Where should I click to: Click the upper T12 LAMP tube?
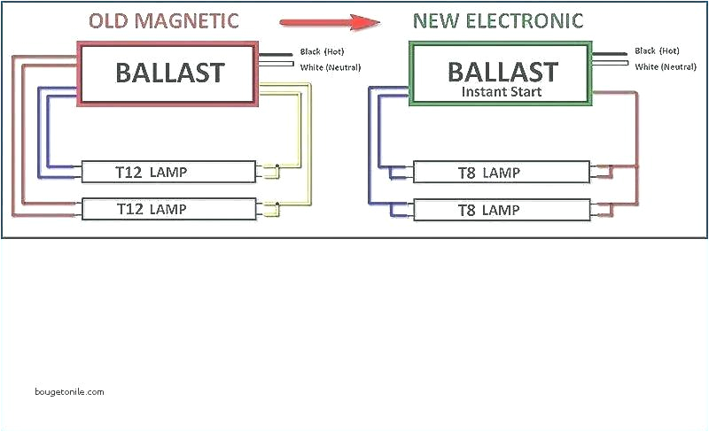pos(168,171)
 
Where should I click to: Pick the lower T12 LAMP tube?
pos(168,209)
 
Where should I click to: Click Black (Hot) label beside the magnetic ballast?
pos(322,52)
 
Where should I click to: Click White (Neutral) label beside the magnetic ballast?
pos(330,67)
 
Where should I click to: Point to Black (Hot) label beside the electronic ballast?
pos(657,52)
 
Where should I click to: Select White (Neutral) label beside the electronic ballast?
pos(665,67)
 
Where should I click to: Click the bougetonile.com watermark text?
pos(70,391)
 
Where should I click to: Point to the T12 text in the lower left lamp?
pos(131,209)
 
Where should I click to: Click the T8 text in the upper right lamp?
pos(467,172)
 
